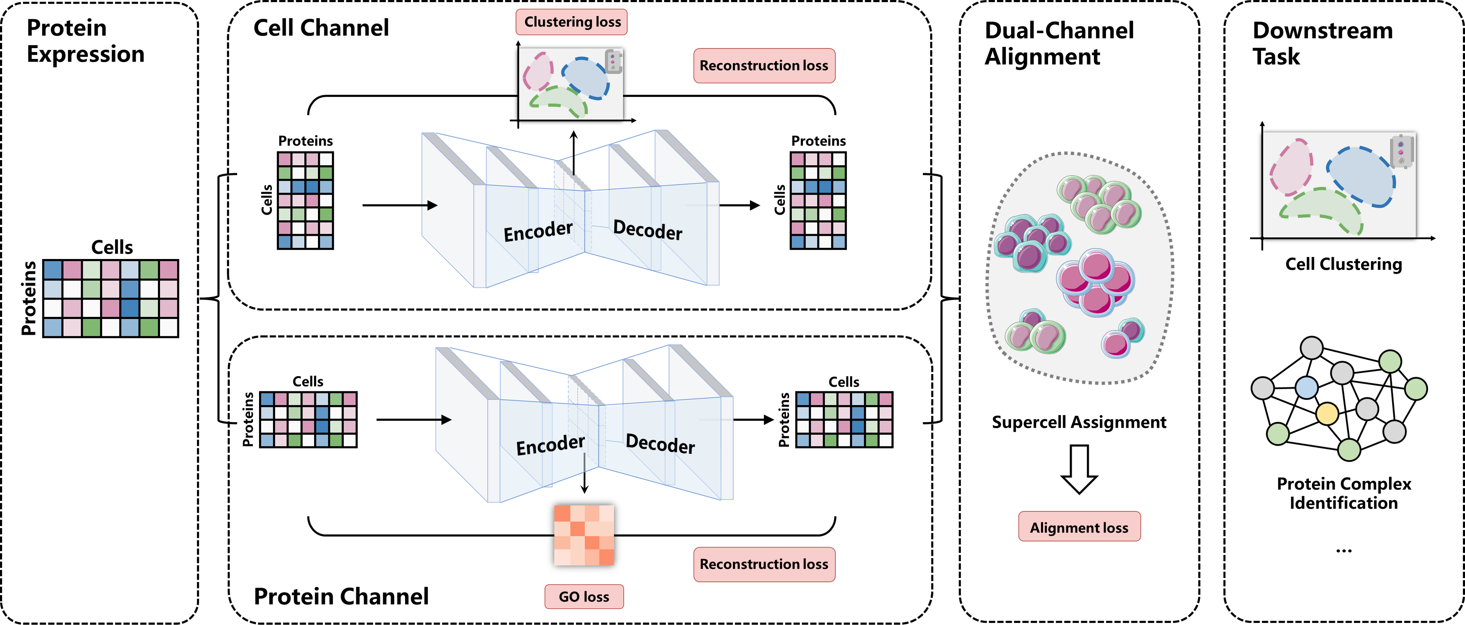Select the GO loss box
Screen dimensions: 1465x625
pyautogui.click(x=584, y=597)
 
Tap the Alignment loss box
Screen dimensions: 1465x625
pyautogui.click(x=1079, y=527)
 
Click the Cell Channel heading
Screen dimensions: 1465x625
pyautogui.click(x=321, y=28)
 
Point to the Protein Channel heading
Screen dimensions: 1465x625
pyautogui.click(x=341, y=597)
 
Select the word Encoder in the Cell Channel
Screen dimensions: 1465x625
pyautogui.click(x=538, y=231)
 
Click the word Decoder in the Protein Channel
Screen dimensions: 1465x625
pyautogui.click(x=660, y=444)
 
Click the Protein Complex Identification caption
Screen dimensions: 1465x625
pyautogui.click(x=1344, y=493)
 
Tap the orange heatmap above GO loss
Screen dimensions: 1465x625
pyautogui.click(x=584, y=535)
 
